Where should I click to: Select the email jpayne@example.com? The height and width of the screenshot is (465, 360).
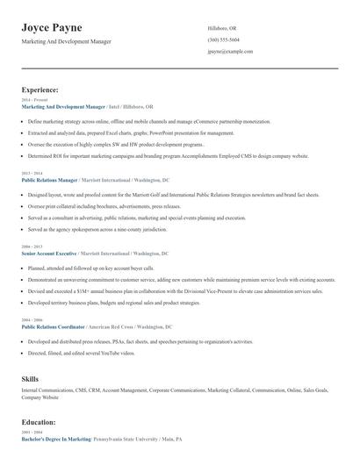230,52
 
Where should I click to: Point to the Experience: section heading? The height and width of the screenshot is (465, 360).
40,89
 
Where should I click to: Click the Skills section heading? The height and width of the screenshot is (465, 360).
30,378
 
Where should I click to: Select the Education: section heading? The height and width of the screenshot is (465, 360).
40,422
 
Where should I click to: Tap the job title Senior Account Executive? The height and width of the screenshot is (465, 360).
49,252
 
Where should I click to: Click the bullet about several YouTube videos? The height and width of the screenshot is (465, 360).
82,353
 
